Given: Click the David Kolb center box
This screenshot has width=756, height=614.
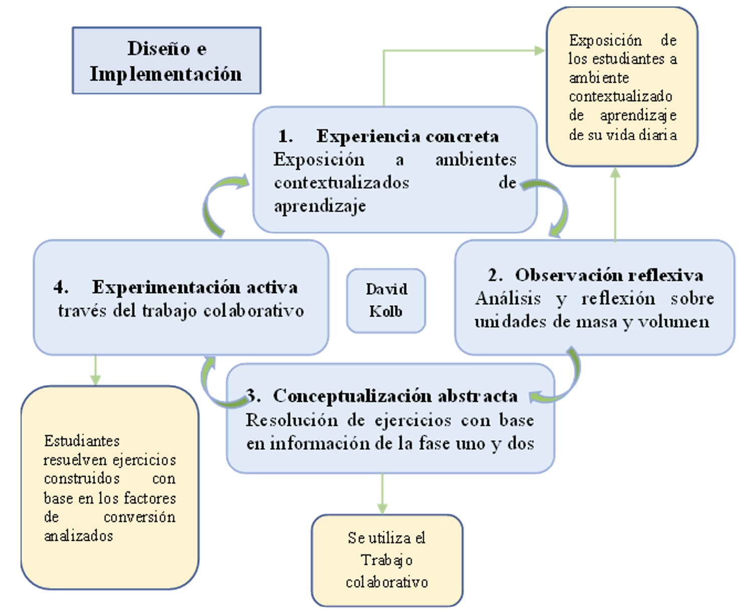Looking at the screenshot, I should (386, 300).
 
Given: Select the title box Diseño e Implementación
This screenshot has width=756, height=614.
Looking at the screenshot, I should (166, 61).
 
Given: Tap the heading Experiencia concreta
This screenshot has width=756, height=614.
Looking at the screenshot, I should (407, 136).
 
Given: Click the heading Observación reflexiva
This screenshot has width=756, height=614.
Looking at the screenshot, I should (609, 275).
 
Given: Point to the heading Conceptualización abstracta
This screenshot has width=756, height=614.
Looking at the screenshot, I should (395, 396).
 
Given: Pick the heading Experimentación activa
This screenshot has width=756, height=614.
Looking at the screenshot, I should (195, 287).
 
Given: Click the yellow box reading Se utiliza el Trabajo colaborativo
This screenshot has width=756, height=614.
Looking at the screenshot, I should (387, 560).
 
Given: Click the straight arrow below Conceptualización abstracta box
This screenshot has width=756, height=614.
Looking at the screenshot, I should (383, 493).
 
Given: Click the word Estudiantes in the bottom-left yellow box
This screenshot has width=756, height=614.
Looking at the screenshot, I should (82, 441).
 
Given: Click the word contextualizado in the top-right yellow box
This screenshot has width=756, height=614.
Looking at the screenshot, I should (620, 96).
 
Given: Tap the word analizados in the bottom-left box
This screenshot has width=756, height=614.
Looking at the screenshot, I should (78, 536).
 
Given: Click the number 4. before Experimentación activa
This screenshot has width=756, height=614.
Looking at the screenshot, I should (61, 287).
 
